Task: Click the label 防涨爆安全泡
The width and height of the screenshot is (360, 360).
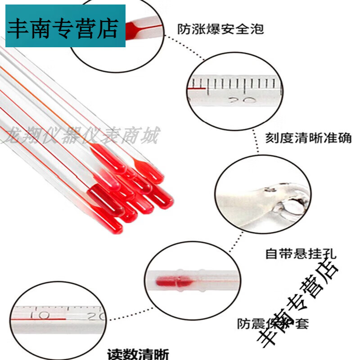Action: click(x=220, y=30)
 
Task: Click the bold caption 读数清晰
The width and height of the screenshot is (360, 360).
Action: click(x=139, y=354)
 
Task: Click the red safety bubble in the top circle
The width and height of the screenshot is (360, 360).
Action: click(x=135, y=30)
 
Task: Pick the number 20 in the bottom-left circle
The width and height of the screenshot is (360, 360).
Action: click(x=96, y=316)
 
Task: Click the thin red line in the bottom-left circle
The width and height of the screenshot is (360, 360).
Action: click(x=40, y=320)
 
